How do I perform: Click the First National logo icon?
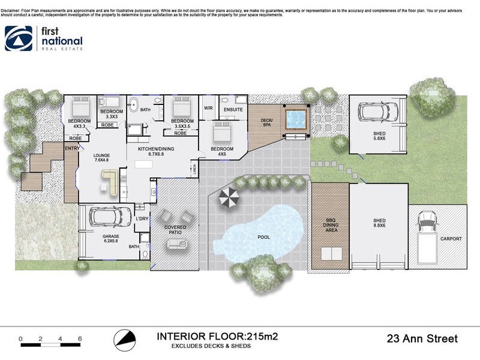[x=19, y=38]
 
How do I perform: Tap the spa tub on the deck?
[x=295, y=119]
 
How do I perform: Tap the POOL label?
[x=263, y=237]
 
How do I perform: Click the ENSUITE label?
[x=233, y=110]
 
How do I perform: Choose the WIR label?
[x=209, y=108]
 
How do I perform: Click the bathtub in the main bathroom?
[x=133, y=102]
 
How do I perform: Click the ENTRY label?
[x=72, y=148]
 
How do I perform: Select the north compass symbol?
[x=123, y=339]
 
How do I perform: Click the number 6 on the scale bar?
[x=80, y=339]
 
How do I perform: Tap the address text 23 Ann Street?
[x=422, y=339]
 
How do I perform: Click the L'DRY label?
[x=142, y=219]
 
